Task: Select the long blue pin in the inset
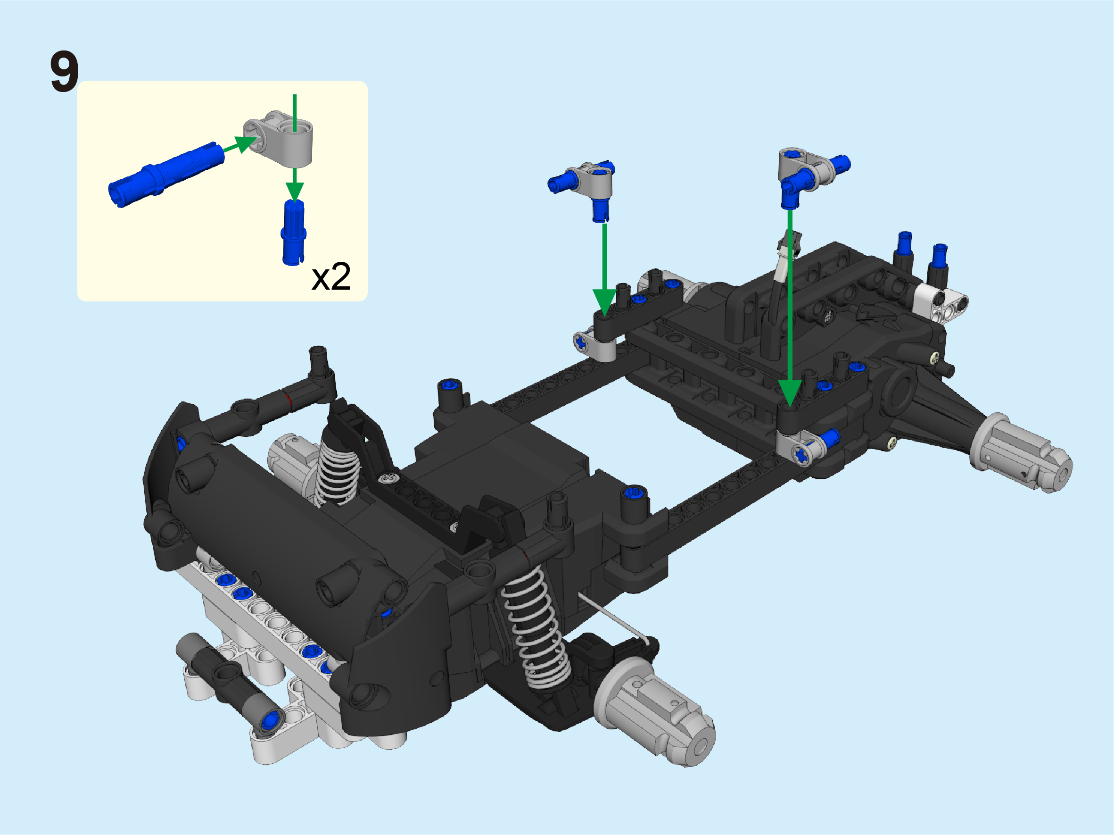pyautogui.click(x=165, y=173)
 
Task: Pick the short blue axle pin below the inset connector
pyautogui.click(x=294, y=232)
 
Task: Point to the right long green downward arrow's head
pyautogui.click(x=790, y=393)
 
